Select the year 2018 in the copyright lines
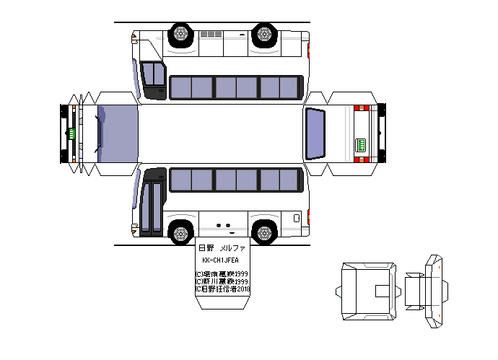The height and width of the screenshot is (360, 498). point(240,289)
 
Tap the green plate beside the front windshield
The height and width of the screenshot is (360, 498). point(72,133)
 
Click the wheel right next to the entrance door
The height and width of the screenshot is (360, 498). point(179,232)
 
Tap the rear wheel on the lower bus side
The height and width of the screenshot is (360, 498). point(265,232)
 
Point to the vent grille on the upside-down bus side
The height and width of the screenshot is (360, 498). point(211,34)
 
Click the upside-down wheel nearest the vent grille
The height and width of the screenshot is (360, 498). point(180,34)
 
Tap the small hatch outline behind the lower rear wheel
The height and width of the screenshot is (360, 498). point(297,218)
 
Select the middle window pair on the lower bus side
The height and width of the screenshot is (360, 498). point(235,180)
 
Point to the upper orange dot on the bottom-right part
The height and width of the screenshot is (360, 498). point(438,265)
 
